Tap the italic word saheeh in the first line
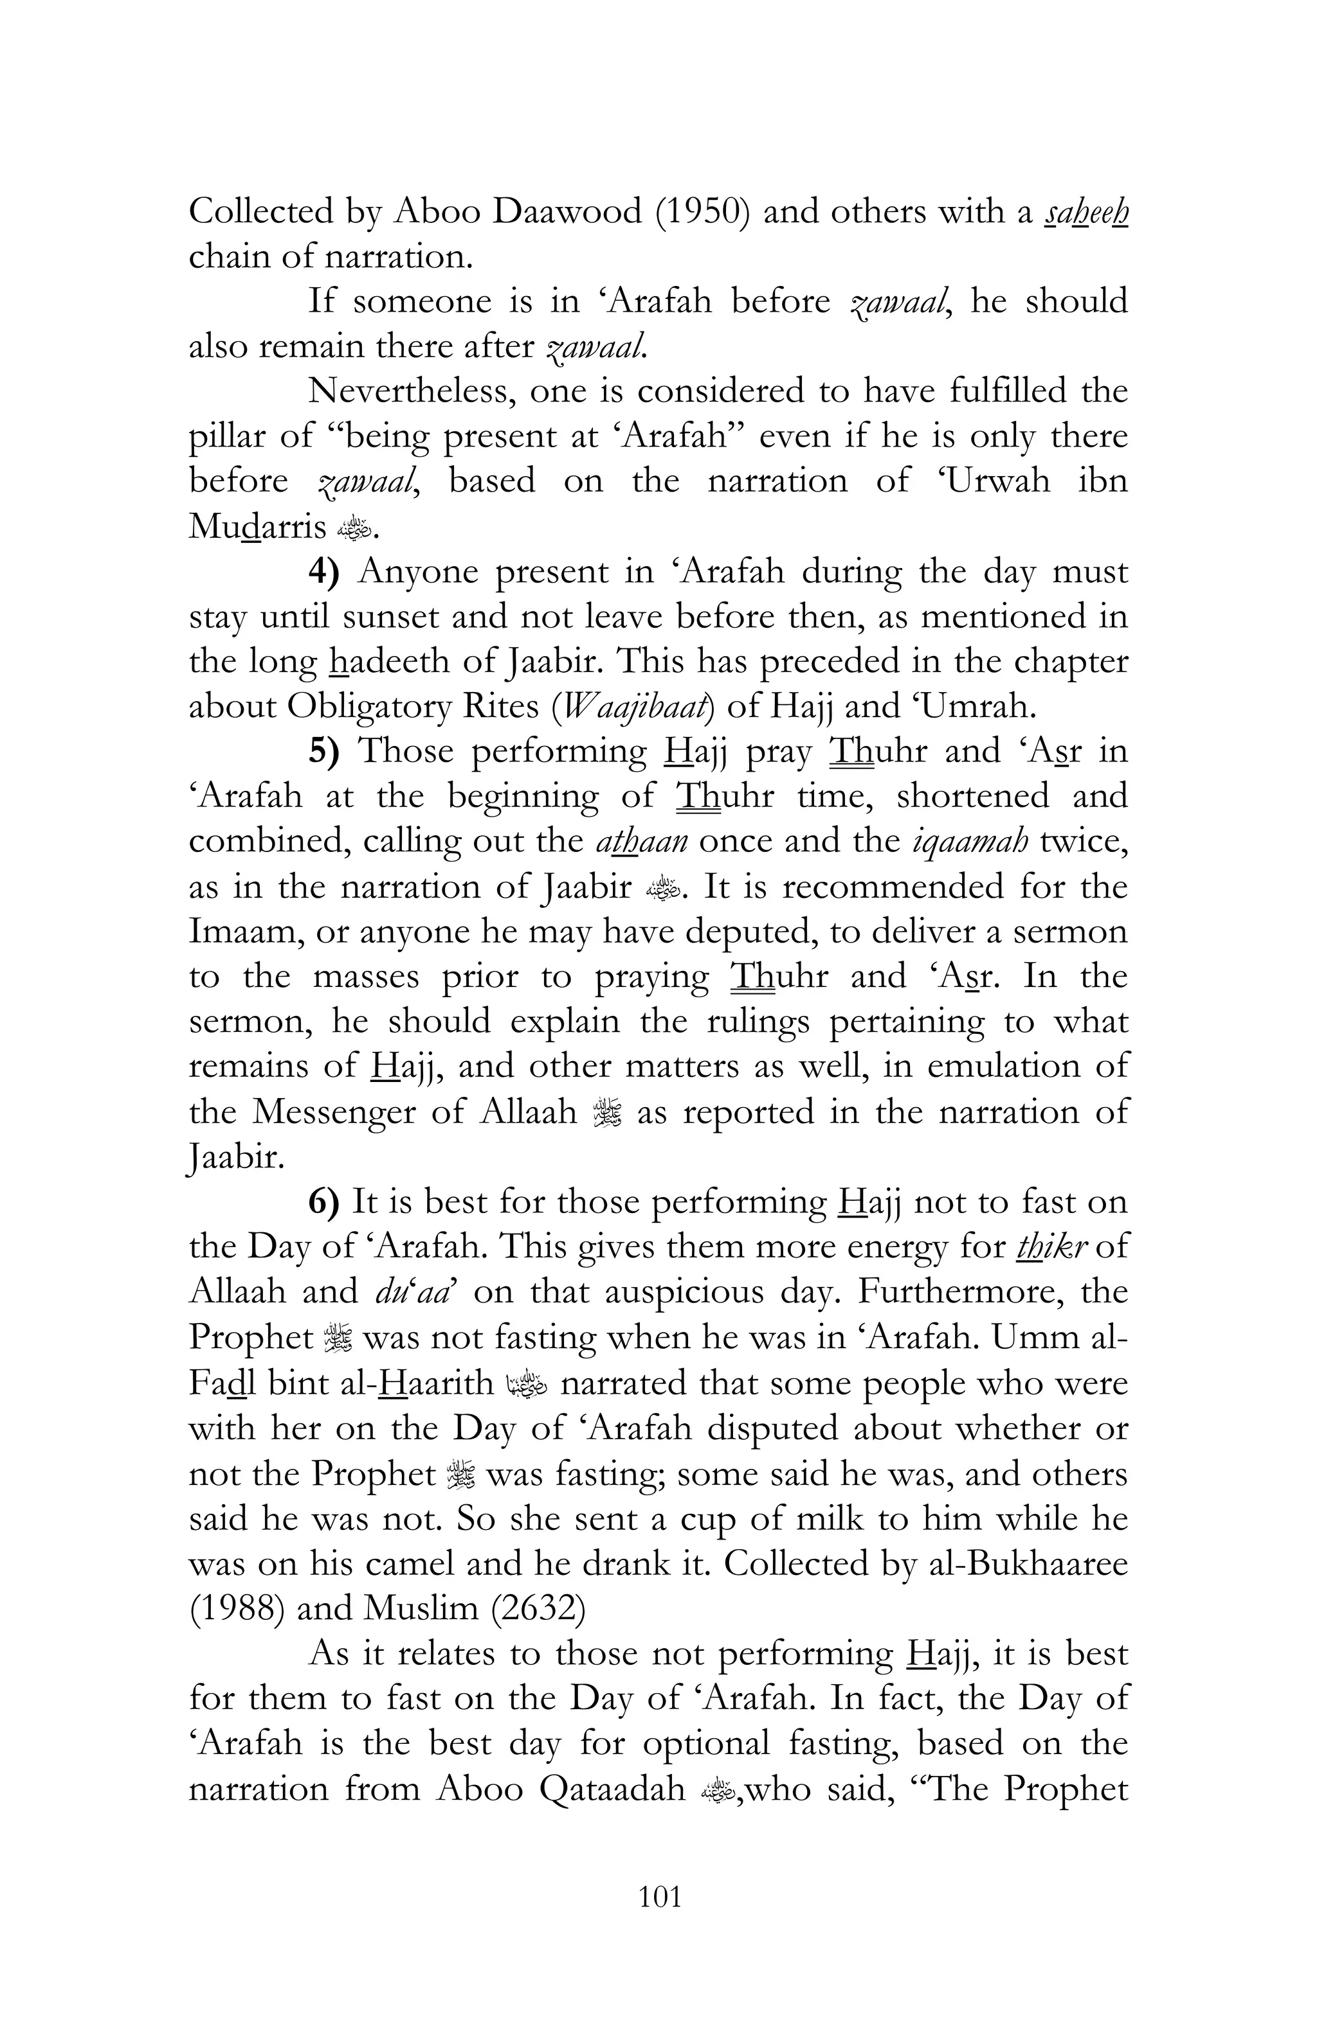[1085, 212]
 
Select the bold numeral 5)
[325, 752]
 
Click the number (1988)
[237, 1608]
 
